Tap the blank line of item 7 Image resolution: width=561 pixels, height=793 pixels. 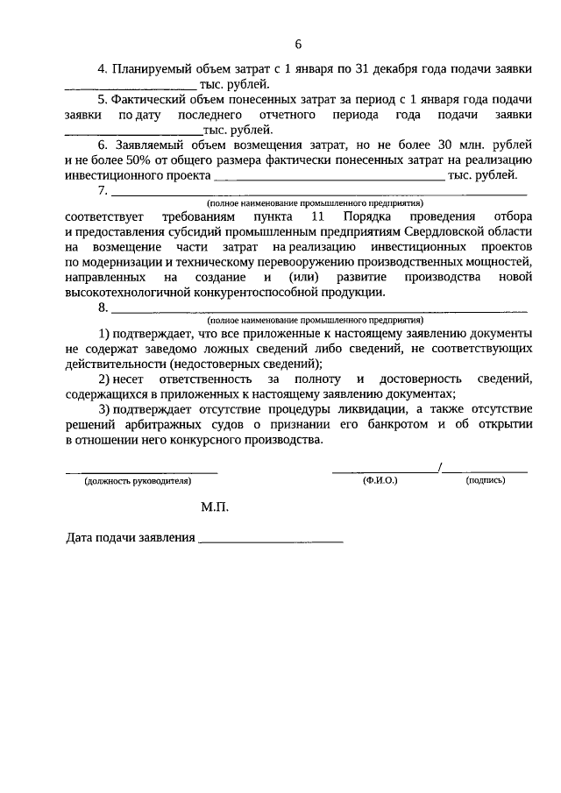[x=319, y=193]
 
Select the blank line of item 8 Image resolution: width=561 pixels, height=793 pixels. [x=319, y=311]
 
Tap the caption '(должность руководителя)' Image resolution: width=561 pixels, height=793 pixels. [x=138, y=481]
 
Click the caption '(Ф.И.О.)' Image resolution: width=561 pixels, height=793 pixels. [x=380, y=481]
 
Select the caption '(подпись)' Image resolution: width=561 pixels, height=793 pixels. [x=486, y=481]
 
